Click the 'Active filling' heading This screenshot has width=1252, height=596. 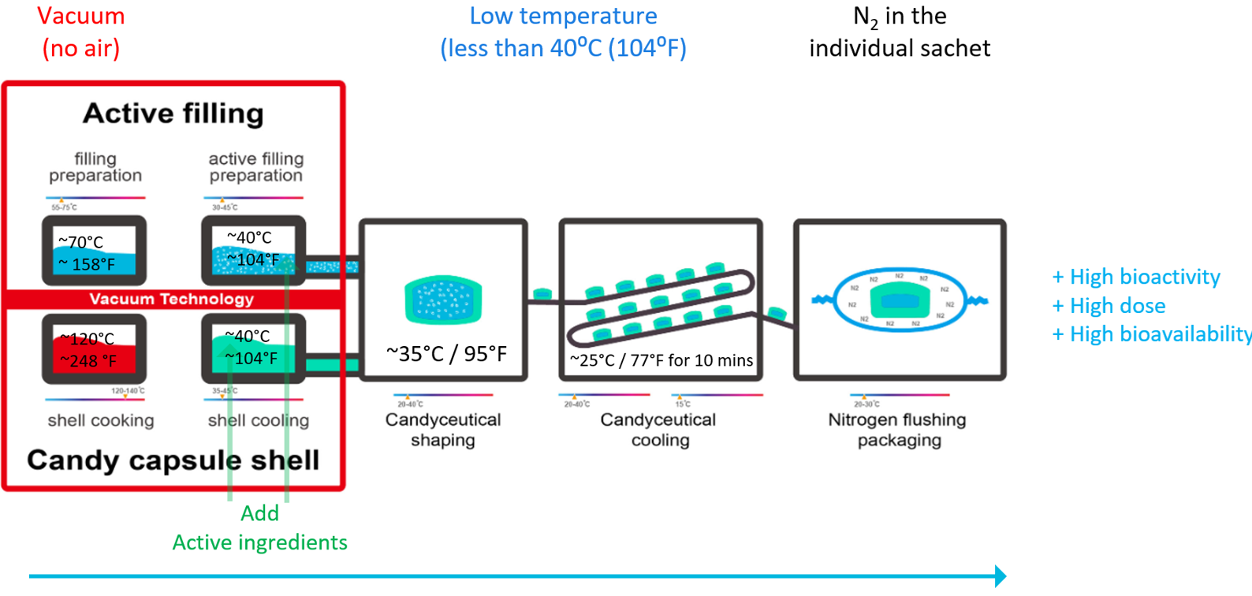pyautogui.click(x=173, y=114)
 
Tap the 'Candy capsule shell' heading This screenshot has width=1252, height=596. pyautogui.click(x=173, y=460)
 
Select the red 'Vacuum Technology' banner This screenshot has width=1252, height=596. pyautogui.click(x=172, y=300)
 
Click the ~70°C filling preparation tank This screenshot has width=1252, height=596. pyautogui.click(x=94, y=251)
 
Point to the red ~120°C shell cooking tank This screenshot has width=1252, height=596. pyautogui.click(x=94, y=349)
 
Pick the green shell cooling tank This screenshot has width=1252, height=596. pyautogui.click(x=253, y=349)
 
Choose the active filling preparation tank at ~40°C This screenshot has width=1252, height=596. pyautogui.click(x=253, y=251)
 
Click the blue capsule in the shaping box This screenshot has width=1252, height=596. pyautogui.click(x=443, y=300)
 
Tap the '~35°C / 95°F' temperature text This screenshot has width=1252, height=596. pyautogui.click(x=446, y=354)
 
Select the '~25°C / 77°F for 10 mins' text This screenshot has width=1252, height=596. pyautogui.click(x=661, y=360)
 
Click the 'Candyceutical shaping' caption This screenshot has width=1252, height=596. pyautogui.click(x=443, y=430)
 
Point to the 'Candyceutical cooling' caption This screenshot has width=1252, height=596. pyautogui.click(x=659, y=430)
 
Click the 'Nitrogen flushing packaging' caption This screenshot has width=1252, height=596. pyautogui.click(x=898, y=430)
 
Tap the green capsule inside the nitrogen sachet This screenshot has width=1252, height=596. pyautogui.click(x=900, y=300)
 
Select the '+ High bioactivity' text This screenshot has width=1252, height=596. pyautogui.click(x=1136, y=277)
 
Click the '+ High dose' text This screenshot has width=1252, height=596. pyautogui.click(x=1109, y=306)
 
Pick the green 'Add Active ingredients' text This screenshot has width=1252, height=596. pyautogui.click(x=260, y=528)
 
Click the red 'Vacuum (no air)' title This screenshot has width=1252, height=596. pyautogui.click(x=80, y=32)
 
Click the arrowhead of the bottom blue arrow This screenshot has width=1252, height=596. pyautogui.click(x=1000, y=576)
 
